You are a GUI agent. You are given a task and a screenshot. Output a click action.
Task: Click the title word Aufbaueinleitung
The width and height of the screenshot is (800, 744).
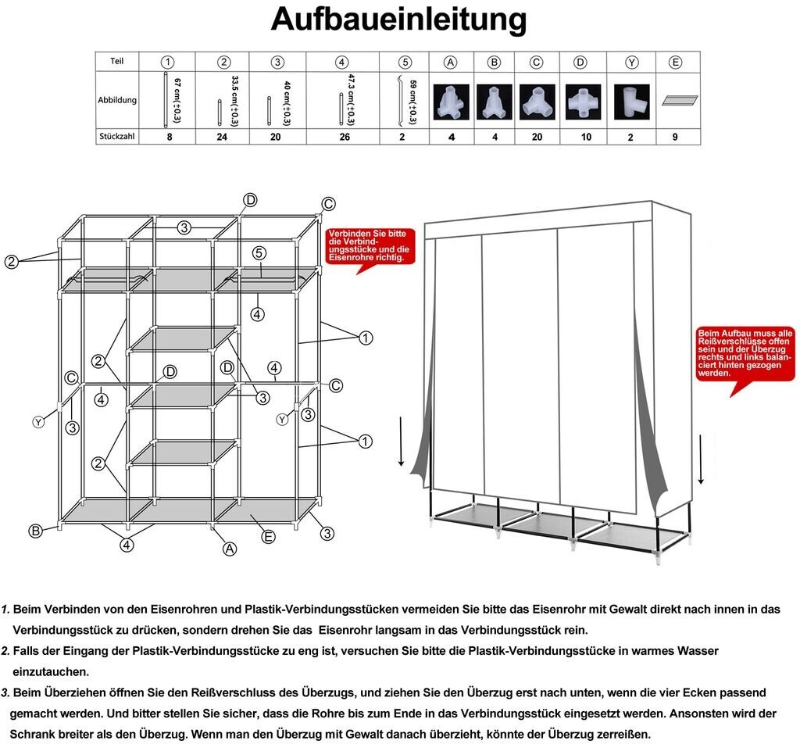coord(398,20)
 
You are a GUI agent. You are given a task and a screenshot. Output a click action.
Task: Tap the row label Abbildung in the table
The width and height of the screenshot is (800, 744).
coord(117,100)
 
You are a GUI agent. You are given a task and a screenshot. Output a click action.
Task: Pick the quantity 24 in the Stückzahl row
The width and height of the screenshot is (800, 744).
coord(223,137)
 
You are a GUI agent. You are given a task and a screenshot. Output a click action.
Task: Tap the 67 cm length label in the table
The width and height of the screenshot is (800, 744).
coord(177,100)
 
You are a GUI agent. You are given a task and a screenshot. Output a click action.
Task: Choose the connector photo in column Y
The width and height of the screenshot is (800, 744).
coord(631,102)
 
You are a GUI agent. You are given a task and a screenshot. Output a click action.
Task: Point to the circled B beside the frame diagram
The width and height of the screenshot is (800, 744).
coord(35,531)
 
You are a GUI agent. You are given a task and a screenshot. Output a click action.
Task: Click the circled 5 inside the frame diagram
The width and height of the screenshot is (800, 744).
coord(260,253)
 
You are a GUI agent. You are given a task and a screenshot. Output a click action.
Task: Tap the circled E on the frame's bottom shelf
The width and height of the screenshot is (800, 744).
coord(269,536)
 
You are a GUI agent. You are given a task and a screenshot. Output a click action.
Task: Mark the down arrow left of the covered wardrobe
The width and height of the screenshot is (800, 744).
coord(402,442)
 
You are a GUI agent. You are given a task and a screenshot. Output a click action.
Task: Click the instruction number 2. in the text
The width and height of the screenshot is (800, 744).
coord(5,650)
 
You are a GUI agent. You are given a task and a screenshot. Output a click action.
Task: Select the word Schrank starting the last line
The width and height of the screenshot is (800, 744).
coord(32,734)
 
